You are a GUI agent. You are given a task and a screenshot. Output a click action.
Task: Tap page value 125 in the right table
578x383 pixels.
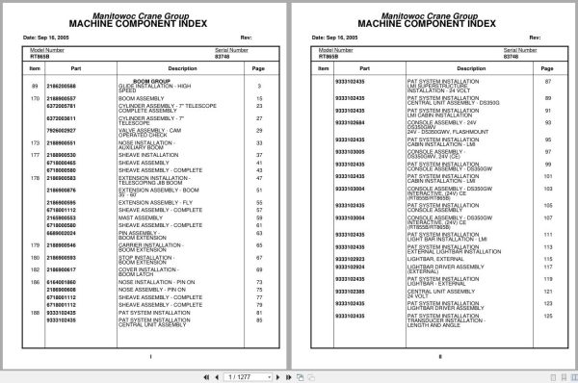tap(547, 316)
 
